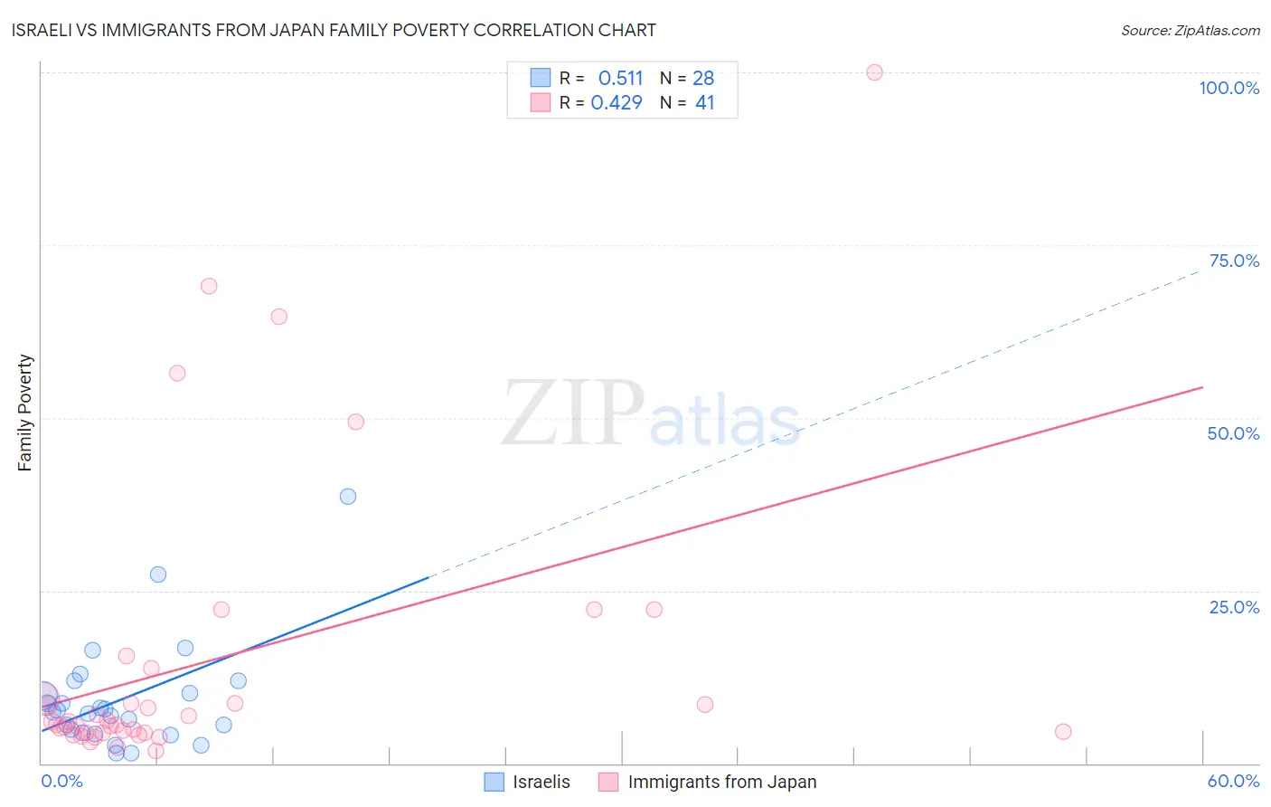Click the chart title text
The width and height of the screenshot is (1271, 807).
click(x=334, y=30)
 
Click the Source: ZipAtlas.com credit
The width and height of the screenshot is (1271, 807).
click(x=1190, y=31)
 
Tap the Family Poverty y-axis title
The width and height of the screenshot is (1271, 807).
click(x=25, y=413)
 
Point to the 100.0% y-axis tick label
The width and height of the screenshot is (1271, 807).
click(x=1229, y=88)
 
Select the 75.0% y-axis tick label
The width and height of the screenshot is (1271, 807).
click(x=1234, y=261)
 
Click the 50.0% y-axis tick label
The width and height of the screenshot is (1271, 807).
click(x=1233, y=433)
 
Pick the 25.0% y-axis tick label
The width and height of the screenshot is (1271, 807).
click(x=1234, y=607)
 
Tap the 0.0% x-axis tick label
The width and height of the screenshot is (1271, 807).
click(x=62, y=781)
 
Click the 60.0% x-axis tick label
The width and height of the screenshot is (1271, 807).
click(x=1233, y=781)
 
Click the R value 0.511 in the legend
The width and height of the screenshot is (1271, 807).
click(x=620, y=79)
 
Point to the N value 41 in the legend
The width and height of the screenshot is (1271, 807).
click(x=704, y=103)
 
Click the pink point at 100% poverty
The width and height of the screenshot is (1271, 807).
click(x=874, y=72)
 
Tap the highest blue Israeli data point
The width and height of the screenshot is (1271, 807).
click(x=348, y=496)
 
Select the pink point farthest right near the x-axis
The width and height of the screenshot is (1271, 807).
click(x=1063, y=731)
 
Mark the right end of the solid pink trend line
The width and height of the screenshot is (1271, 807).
click(x=1202, y=387)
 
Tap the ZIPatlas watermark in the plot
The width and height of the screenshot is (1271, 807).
click(x=651, y=414)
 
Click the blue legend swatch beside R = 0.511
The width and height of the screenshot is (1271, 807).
click(x=541, y=78)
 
